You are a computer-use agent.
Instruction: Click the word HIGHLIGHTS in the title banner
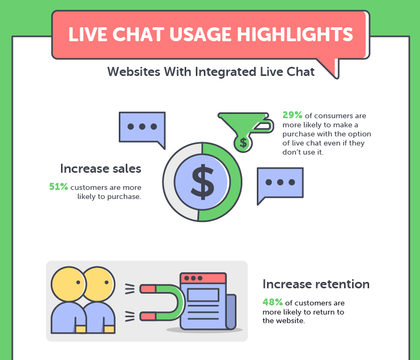click(295, 35)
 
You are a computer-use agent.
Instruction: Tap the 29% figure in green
click(292, 115)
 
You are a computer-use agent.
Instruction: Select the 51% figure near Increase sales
click(58, 187)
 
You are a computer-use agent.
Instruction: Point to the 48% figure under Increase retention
click(272, 302)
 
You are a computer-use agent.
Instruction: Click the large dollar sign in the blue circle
click(202, 182)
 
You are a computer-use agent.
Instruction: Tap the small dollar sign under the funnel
click(243, 143)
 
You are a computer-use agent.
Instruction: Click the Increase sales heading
click(101, 168)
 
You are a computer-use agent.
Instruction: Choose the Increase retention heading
click(316, 284)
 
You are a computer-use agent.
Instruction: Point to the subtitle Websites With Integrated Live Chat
click(211, 72)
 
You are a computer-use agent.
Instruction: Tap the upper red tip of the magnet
click(148, 289)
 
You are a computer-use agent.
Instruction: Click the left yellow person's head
click(68, 284)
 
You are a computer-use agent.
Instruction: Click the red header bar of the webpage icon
click(203, 278)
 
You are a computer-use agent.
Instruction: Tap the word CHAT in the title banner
click(138, 35)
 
